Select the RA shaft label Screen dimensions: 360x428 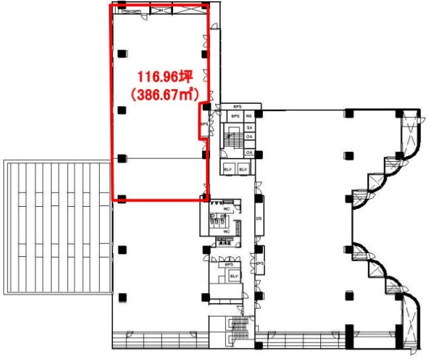(x=249, y=116)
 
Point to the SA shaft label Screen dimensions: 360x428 (x=249, y=126)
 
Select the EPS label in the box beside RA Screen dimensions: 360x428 (x=235, y=116)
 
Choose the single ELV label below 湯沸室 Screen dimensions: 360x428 (x=234, y=276)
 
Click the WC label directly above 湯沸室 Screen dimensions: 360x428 (x=227, y=232)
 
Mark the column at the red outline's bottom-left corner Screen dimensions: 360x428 (x=121, y=197)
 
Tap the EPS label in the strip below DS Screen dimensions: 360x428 (x=259, y=264)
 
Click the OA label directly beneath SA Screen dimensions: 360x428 (x=249, y=137)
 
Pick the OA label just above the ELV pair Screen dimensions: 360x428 (x=249, y=153)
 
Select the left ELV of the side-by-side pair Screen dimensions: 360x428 (x=228, y=169)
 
